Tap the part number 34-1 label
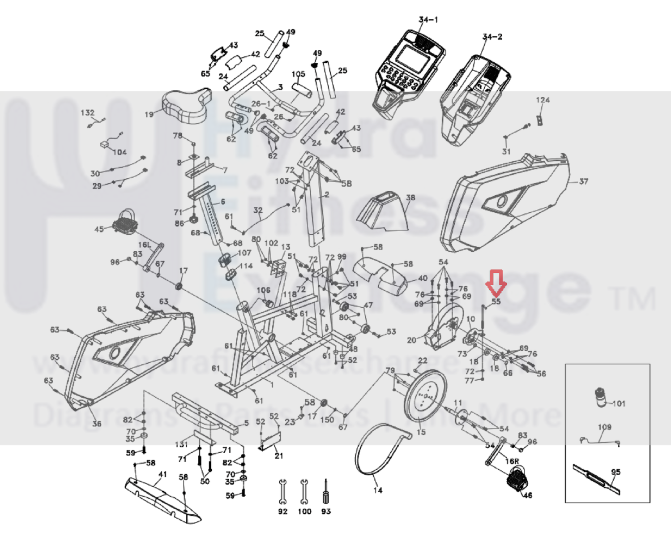tap(428, 20)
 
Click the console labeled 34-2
tap(474, 99)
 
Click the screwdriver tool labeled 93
tap(326, 493)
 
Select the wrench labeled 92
tap(282, 492)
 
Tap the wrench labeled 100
tap(304, 492)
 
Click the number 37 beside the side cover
tap(583, 181)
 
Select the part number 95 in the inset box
tap(615, 472)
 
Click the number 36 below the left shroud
tap(97, 423)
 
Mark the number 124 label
tap(543, 100)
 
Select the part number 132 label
tap(88, 113)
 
